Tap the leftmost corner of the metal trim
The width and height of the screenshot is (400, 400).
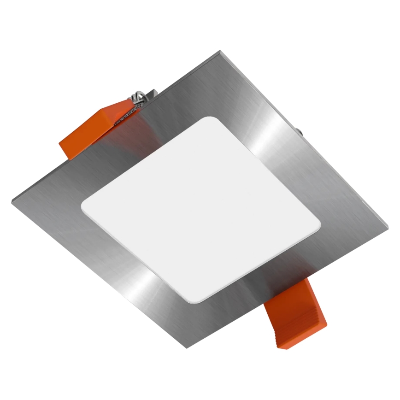pyautogui.click(x=12, y=201)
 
